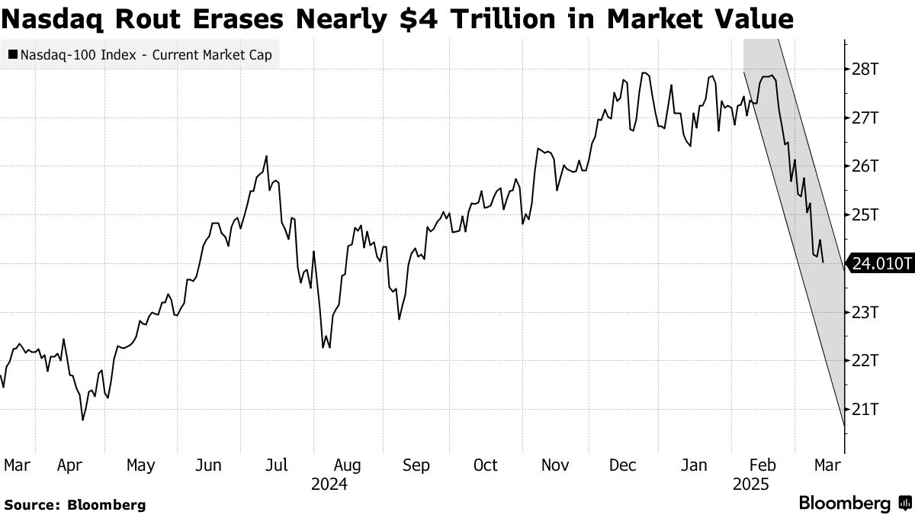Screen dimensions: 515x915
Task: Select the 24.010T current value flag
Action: click(881, 264)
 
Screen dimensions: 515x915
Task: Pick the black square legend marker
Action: click(12, 55)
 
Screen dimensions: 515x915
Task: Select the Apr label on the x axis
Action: click(70, 465)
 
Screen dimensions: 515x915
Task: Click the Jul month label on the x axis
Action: click(278, 465)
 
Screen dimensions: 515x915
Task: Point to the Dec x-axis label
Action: click(623, 465)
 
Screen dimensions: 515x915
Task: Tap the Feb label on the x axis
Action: click(764, 465)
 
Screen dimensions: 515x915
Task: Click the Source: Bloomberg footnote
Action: click(75, 504)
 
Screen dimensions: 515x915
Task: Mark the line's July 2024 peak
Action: click(266, 156)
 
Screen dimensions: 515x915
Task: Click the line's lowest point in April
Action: click(82, 420)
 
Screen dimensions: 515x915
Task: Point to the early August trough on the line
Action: click(324, 348)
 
